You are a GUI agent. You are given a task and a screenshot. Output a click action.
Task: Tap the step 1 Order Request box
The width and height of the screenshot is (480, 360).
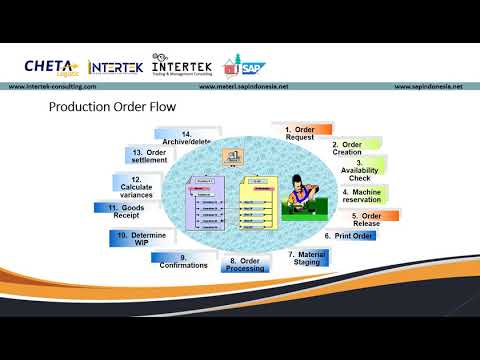301,133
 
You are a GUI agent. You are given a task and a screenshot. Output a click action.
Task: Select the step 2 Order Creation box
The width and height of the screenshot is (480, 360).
348,148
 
